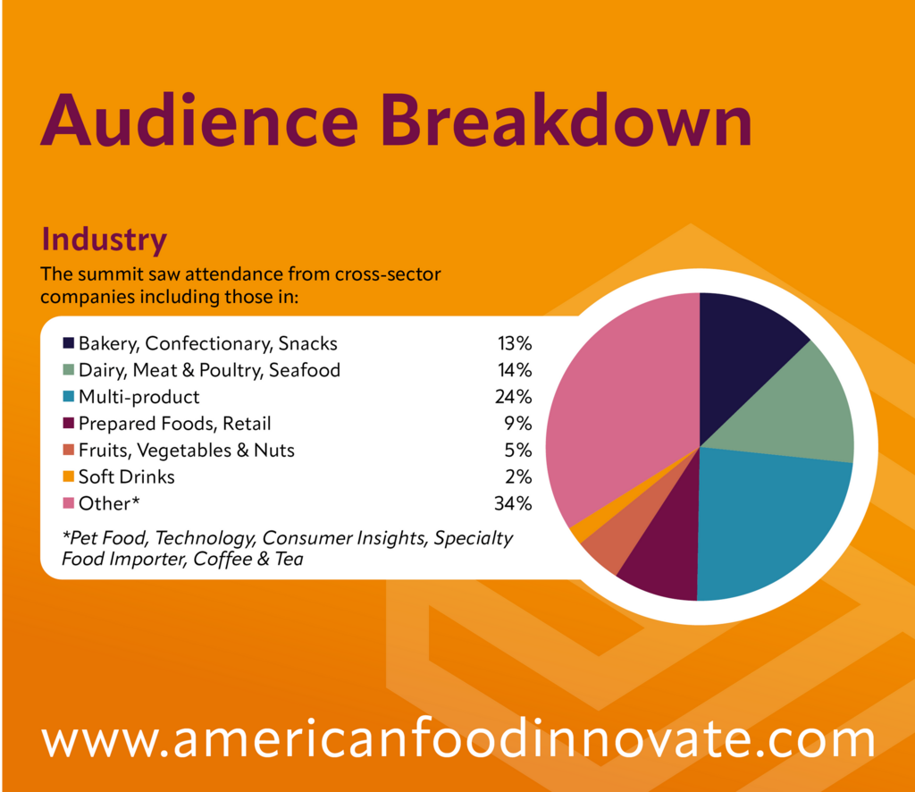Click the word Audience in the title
(x=199, y=120)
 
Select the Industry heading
(x=105, y=240)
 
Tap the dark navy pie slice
(x=741, y=350)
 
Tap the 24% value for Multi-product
(x=514, y=397)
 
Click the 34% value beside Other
(x=513, y=503)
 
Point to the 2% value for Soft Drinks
(x=518, y=476)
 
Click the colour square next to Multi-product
(x=68, y=396)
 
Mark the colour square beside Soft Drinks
(x=68, y=476)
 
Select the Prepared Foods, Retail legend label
(x=174, y=424)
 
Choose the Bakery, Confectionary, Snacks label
(x=207, y=344)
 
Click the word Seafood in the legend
(x=304, y=370)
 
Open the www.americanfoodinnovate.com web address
(x=458, y=738)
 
